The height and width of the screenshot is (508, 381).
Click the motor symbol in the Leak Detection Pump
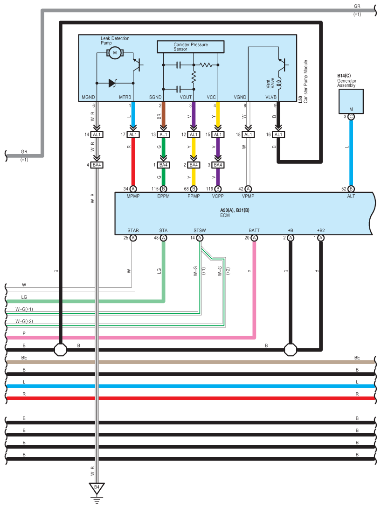click(x=115, y=53)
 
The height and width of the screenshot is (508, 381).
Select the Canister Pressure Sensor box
click(x=190, y=47)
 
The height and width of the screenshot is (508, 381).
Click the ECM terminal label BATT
click(x=254, y=230)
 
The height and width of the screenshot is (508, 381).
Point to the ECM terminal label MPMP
click(x=133, y=196)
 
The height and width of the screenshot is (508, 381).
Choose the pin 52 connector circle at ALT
click(x=351, y=189)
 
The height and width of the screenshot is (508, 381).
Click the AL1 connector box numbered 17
click(x=133, y=134)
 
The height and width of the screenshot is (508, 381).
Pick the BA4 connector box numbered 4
click(x=97, y=165)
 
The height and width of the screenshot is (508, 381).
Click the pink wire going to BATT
click(x=254, y=289)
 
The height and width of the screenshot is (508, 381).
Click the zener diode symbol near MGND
click(x=112, y=83)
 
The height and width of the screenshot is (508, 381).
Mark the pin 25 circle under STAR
click(x=133, y=238)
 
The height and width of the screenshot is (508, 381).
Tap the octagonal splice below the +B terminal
click(x=291, y=349)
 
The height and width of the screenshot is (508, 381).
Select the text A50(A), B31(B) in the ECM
click(x=235, y=211)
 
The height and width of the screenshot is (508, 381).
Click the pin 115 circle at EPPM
click(x=163, y=189)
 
